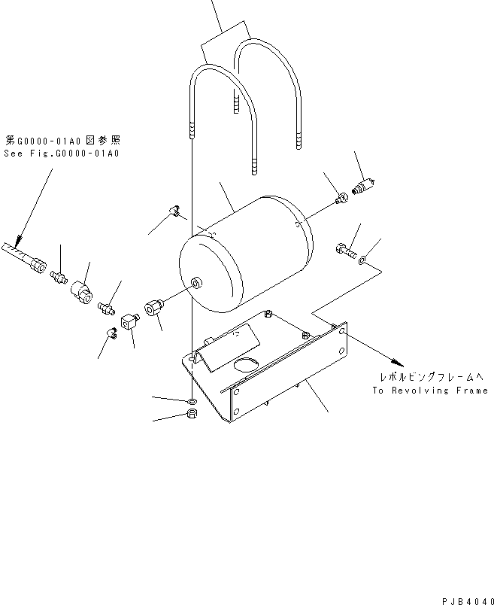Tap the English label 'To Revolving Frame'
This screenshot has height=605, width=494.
[x=430, y=391]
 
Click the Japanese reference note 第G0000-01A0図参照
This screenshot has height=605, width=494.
[x=62, y=140]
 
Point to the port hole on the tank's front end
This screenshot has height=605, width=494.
[x=196, y=283]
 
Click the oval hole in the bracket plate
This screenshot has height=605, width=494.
[x=244, y=366]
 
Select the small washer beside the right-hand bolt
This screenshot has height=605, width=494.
[x=363, y=260]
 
